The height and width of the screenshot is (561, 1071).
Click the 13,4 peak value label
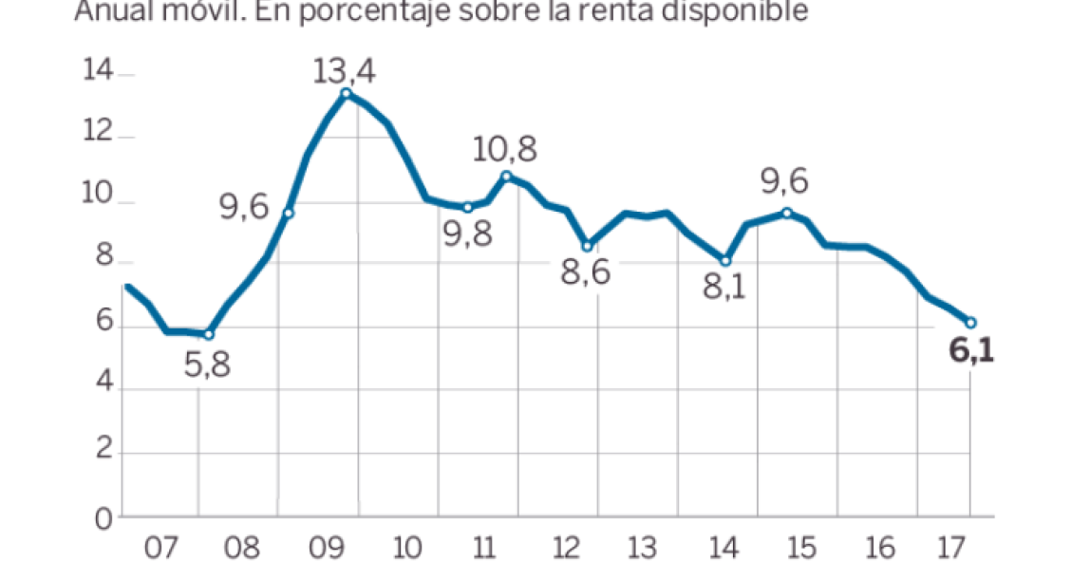[x=346, y=70]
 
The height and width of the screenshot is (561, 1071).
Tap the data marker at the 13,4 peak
[x=346, y=93]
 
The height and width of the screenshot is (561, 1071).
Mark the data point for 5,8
[x=209, y=334]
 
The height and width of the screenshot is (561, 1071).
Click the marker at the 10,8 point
[x=507, y=177]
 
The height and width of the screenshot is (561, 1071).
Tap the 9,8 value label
[x=468, y=234]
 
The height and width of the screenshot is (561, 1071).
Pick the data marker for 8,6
[x=588, y=246]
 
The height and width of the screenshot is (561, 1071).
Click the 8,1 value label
[x=724, y=286]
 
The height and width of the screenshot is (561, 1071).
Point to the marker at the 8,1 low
[x=726, y=260]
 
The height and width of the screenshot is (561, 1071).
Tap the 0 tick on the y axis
[x=103, y=518]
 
